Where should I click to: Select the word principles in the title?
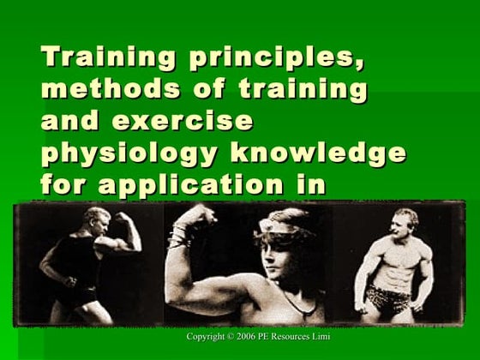(257, 60)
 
